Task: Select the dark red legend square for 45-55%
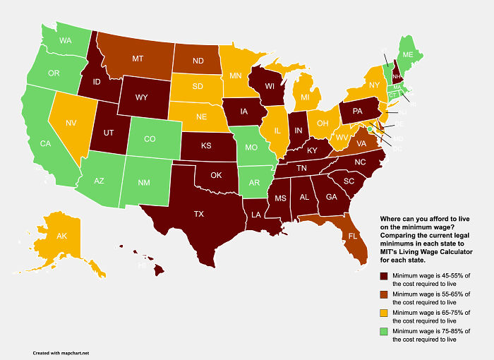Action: pyautogui.click(x=384, y=277)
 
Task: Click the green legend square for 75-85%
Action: pyautogui.click(x=384, y=332)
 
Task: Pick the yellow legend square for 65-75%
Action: pyautogui.click(x=384, y=313)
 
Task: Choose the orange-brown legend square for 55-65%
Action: pyautogui.click(x=384, y=295)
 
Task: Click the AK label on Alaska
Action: pyautogui.click(x=42, y=237)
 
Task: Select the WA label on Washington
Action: pyautogui.click(x=66, y=41)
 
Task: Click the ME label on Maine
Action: pyautogui.click(x=408, y=54)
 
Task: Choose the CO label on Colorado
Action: pyautogui.click(x=149, y=140)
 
